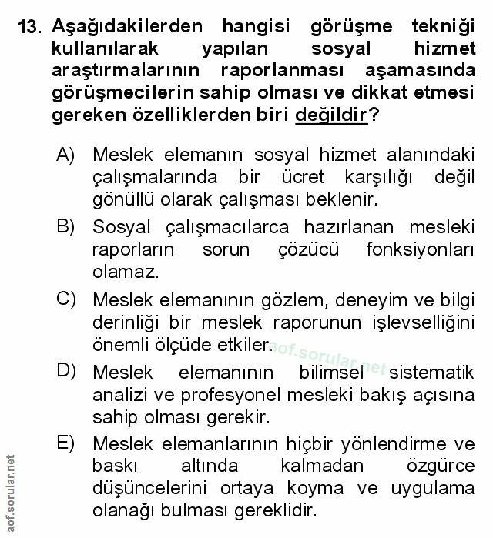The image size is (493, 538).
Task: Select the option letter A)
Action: click(x=65, y=155)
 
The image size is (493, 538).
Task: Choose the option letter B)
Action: click(x=65, y=226)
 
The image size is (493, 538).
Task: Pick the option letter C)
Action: click(x=65, y=298)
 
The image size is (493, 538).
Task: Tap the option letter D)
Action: click(x=65, y=370)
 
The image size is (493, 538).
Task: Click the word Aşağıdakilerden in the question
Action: click(x=128, y=26)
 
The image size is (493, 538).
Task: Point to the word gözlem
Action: click(x=312, y=299)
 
